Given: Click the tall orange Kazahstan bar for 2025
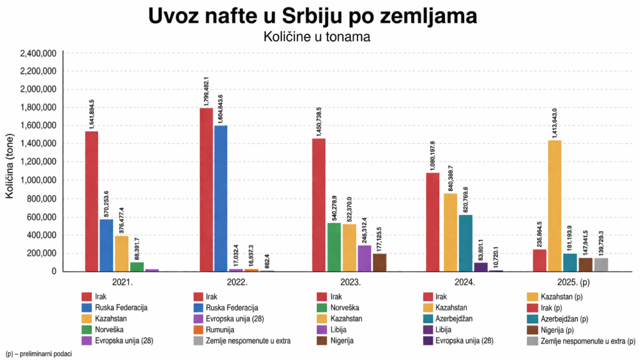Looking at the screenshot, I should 554,206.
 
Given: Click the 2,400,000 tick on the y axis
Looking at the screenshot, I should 38,53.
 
